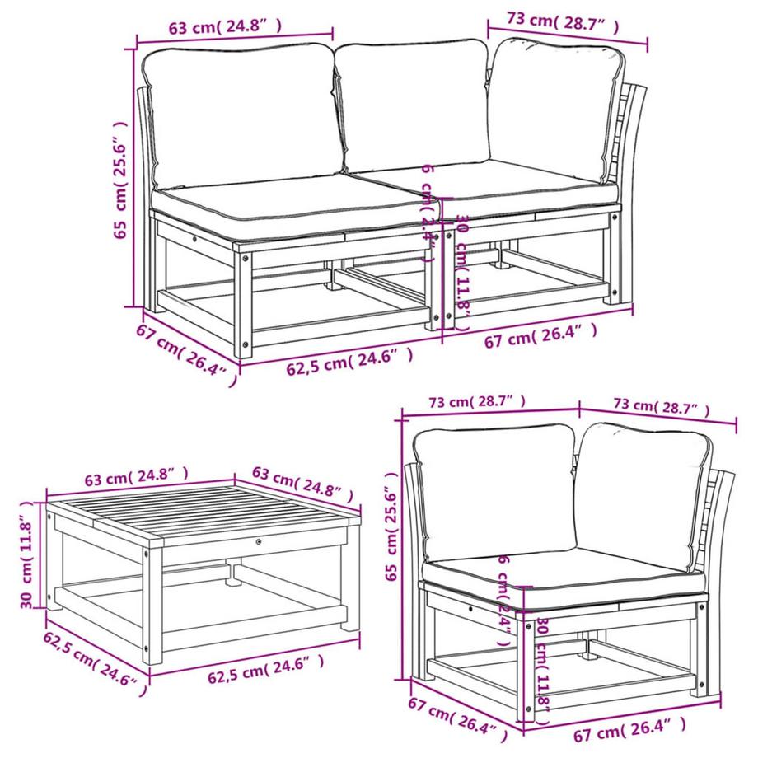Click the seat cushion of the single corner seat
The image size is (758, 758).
coord(560,573)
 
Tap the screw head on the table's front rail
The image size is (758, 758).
coord(259,542)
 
